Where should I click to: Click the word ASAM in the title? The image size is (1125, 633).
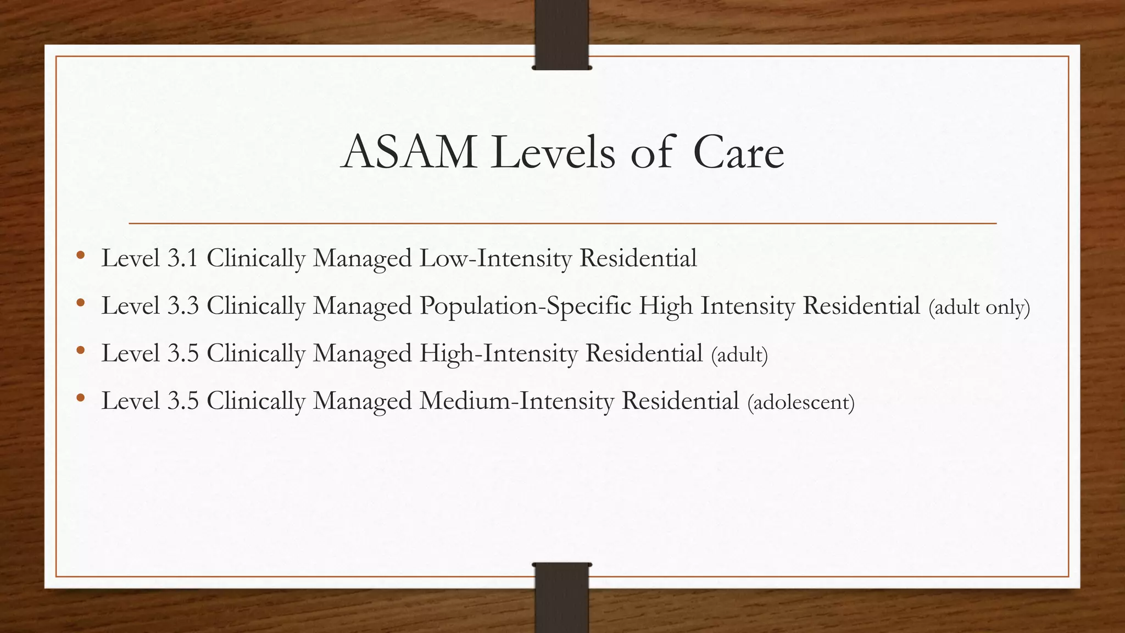pyautogui.click(x=409, y=152)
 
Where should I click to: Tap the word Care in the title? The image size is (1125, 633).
pyautogui.click(x=738, y=152)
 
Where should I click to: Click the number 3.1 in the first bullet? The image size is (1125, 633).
pyautogui.click(x=182, y=258)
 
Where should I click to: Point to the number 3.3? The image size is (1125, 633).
pyautogui.click(x=182, y=306)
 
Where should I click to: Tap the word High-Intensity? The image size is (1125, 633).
pyautogui.click(x=498, y=353)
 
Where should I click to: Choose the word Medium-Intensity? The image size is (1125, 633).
pyautogui.click(x=516, y=401)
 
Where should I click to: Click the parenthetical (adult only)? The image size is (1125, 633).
pyautogui.click(x=979, y=307)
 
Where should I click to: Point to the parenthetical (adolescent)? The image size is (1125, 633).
pyautogui.click(x=801, y=402)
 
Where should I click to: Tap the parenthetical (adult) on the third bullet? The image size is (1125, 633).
pyautogui.click(x=739, y=355)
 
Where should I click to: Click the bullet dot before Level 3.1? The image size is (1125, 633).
pyautogui.click(x=81, y=255)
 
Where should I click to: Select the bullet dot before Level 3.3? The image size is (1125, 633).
pyautogui.click(x=81, y=302)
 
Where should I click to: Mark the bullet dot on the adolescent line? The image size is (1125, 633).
pyautogui.click(x=81, y=397)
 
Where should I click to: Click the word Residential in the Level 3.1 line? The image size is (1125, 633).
pyautogui.click(x=638, y=258)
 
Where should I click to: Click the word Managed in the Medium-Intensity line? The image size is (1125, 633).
pyautogui.click(x=362, y=401)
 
